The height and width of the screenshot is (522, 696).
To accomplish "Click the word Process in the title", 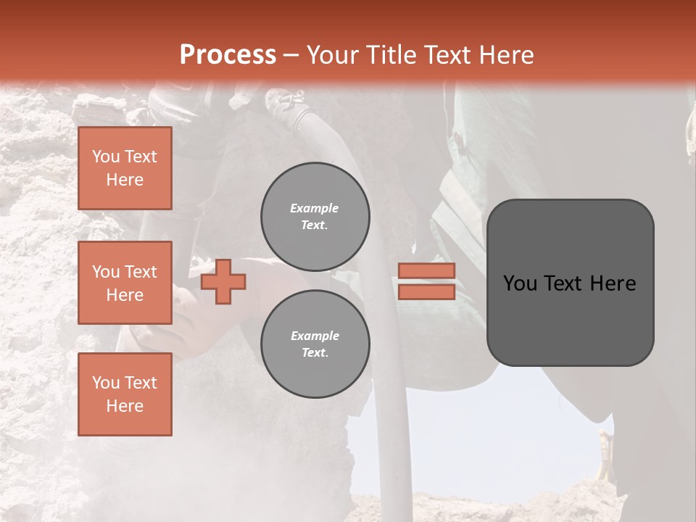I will (228, 55).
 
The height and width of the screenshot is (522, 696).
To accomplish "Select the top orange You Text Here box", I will (125, 168).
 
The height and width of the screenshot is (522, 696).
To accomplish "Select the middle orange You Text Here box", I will (125, 283).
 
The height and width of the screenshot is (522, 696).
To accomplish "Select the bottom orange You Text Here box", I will (125, 394).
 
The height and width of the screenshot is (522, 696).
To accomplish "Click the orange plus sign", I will (223, 281).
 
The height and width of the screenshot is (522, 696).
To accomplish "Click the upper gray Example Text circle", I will (315, 217).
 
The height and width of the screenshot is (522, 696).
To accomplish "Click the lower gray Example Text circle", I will (315, 344).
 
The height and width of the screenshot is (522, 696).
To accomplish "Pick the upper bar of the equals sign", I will (427, 271).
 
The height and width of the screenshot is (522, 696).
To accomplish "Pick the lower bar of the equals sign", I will (427, 291).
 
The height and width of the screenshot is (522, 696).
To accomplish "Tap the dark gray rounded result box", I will (570, 319).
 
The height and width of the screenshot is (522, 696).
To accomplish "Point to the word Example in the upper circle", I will (315, 208).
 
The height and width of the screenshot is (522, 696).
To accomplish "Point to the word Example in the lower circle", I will (315, 336).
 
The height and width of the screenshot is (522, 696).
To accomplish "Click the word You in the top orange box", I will (106, 157).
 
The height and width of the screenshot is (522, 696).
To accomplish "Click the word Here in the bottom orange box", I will (125, 406).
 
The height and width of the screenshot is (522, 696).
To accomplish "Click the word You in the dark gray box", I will (520, 283).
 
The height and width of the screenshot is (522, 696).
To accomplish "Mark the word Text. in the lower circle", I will (315, 353).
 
